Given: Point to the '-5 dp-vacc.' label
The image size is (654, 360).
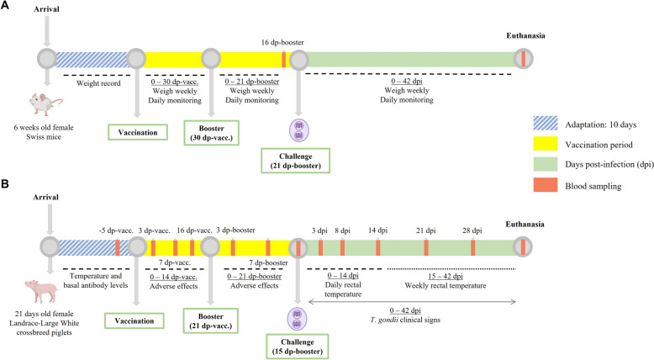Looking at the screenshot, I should [117, 228].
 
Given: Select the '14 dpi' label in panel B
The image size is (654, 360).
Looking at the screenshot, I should [377, 228].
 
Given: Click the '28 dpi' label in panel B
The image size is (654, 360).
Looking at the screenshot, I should [472, 228].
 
